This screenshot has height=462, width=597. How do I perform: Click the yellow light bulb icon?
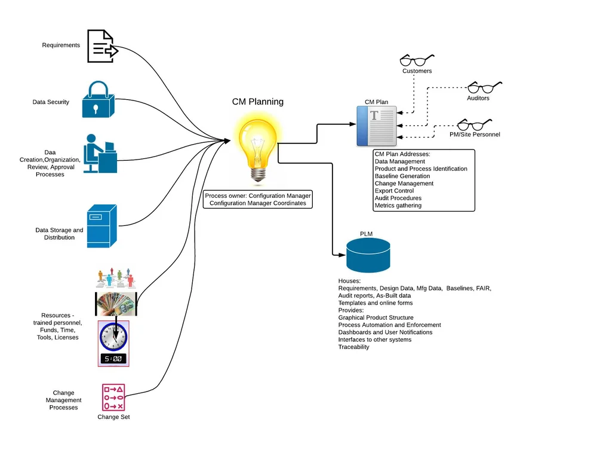(x=258, y=147)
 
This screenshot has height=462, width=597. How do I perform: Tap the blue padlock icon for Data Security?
(x=99, y=99)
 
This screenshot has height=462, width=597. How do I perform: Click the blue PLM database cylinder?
(x=368, y=255)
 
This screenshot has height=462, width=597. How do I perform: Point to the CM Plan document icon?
(x=377, y=126)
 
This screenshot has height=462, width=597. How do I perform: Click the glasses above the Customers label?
(x=417, y=60)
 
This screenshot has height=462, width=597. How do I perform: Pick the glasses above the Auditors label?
(x=485, y=87)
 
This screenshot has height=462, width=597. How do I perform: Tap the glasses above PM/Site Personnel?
(x=475, y=125)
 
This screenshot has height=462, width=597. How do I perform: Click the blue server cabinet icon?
(x=101, y=227)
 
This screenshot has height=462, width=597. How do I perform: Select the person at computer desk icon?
(x=100, y=154)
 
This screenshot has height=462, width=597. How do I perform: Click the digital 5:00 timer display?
(x=113, y=359)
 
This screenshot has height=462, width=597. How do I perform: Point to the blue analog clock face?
(x=113, y=337)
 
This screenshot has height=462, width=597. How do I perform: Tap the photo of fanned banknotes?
(x=116, y=304)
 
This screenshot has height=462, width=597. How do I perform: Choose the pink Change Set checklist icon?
(x=113, y=397)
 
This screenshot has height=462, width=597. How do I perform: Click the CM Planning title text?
(x=258, y=102)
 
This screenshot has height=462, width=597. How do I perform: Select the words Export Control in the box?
(x=394, y=191)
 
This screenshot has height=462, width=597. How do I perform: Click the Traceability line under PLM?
(x=353, y=347)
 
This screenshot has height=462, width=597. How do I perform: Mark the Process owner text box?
(x=258, y=200)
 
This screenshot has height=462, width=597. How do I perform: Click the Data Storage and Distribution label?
(x=59, y=234)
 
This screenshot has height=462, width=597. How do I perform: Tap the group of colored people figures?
(x=116, y=278)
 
